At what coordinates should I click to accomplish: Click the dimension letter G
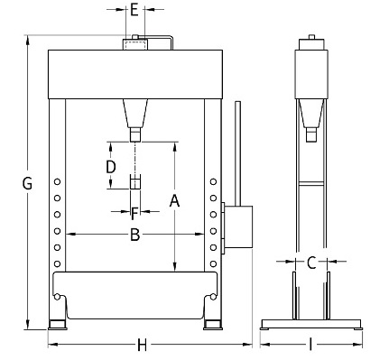(x=27, y=183)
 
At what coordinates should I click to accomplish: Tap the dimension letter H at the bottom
(x=142, y=345)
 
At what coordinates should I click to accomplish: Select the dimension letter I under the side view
(x=310, y=345)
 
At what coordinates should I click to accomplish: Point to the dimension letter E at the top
(x=134, y=10)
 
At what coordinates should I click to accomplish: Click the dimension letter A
(x=174, y=201)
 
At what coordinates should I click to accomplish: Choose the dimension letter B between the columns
(x=135, y=235)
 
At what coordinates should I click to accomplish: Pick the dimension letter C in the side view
(x=311, y=263)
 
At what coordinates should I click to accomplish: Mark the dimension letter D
(x=111, y=167)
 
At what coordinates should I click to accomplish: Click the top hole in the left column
(x=57, y=181)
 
